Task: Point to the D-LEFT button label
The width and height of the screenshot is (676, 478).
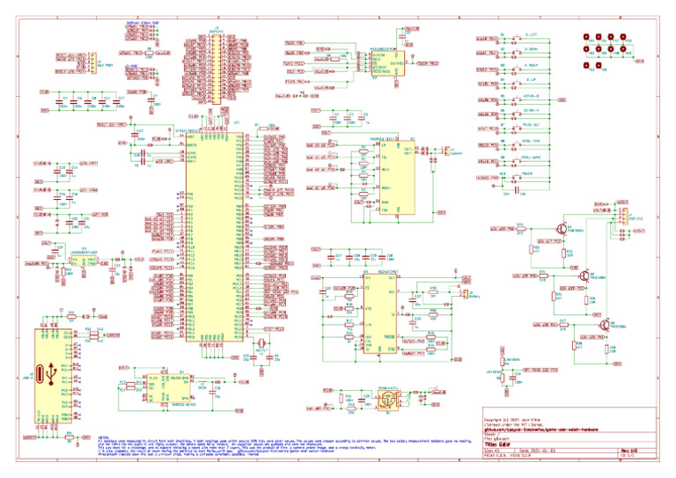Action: click(x=531, y=34)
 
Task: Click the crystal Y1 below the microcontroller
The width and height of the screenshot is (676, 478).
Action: click(x=260, y=343)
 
